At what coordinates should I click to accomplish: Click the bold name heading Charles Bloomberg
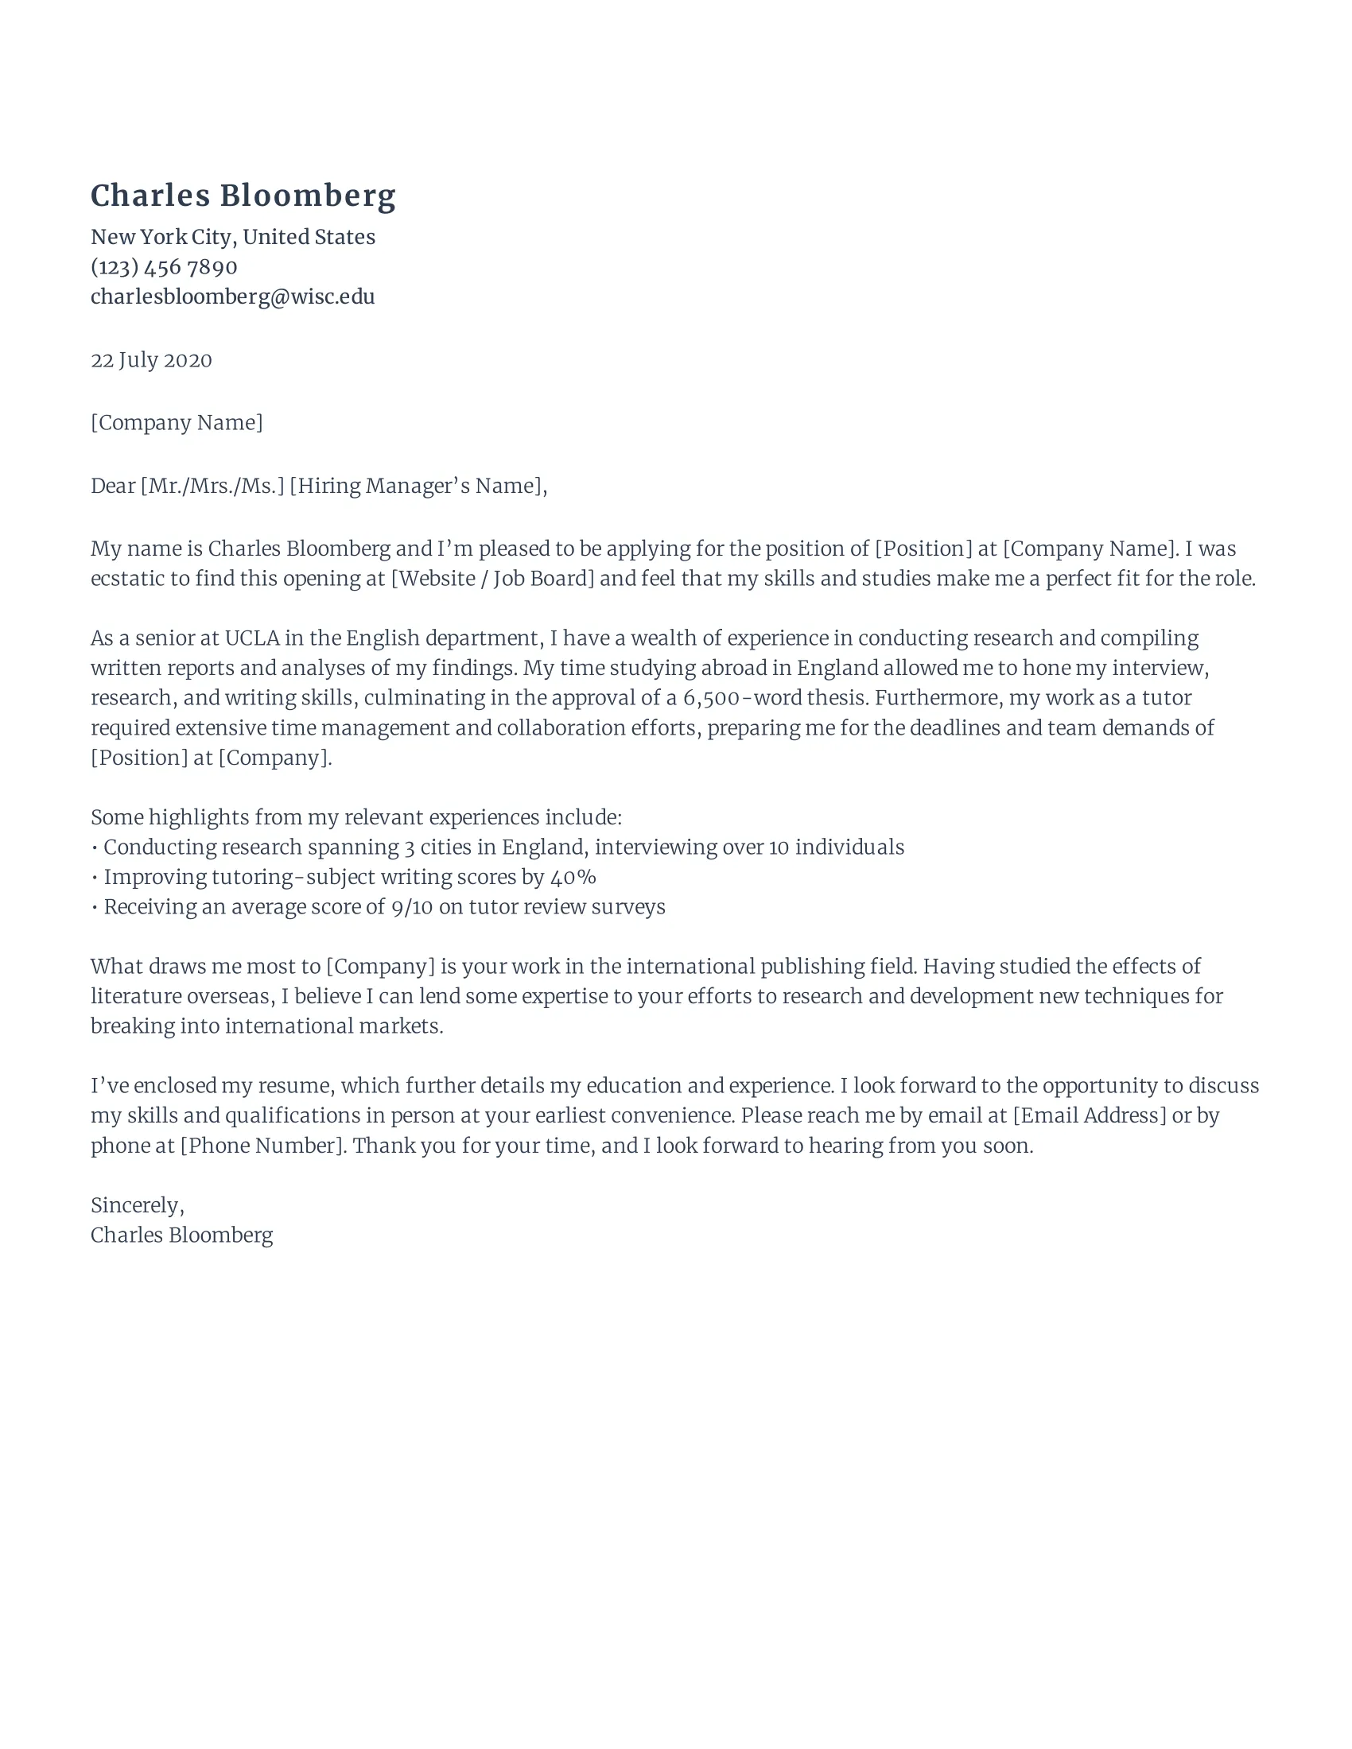pos(243,196)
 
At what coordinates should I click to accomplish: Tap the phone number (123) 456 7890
pos(164,266)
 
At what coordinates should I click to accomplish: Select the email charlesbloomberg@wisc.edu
pos(232,297)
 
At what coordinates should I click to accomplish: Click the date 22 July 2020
pos(151,360)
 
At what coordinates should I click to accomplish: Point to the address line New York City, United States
pos(232,237)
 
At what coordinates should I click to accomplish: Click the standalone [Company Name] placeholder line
pos(177,423)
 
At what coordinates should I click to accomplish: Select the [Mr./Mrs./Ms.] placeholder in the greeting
pos(212,486)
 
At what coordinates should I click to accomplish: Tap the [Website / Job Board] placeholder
pos(492,578)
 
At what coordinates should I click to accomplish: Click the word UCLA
pos(251,638)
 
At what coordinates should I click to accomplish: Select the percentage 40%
pos(573,877)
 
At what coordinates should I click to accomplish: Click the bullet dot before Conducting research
pos(95,848)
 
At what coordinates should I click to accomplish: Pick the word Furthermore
pos(937,698)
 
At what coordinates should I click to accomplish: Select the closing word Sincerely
pos(136,1205)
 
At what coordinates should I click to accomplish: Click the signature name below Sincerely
pos(182,1235)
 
